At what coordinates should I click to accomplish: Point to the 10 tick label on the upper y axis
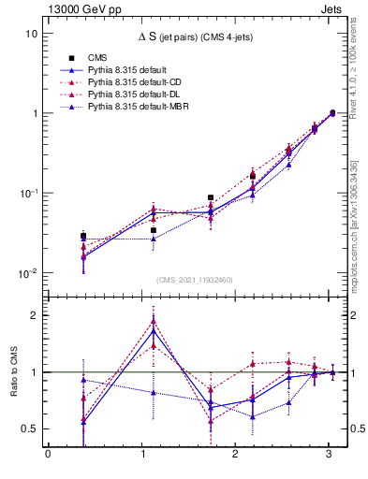(31, 34)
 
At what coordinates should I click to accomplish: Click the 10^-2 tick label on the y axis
(27, 273)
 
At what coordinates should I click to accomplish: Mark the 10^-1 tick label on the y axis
(27, 194)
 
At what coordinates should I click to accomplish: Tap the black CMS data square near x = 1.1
(154, 230)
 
